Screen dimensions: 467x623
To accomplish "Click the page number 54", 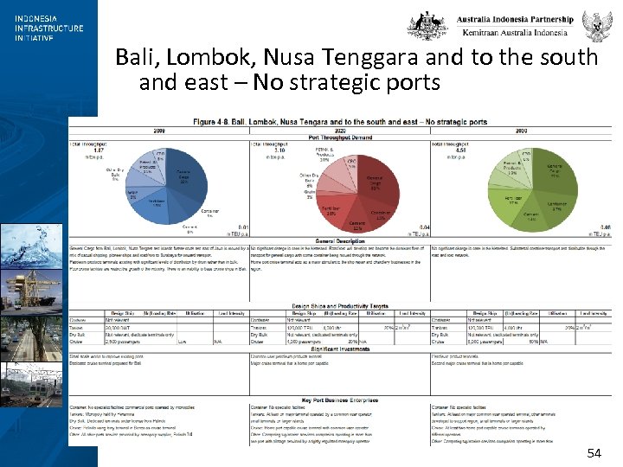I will click(594, 452).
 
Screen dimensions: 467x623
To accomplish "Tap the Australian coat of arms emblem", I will click(427, 25).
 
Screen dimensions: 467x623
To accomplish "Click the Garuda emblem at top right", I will click(596, 25).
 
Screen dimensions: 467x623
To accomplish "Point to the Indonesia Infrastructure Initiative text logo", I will click(48, 28).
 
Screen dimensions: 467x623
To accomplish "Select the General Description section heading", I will click(337, 240).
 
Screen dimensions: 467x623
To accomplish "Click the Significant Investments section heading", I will click(338, 349).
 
